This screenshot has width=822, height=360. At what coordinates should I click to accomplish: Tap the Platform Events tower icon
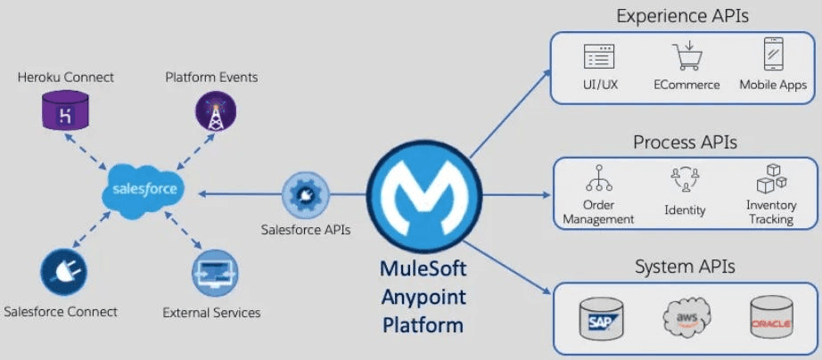pyautogui.click(x=216, y=110)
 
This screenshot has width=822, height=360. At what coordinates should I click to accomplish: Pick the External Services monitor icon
pyautogui.click(x=214, y=273)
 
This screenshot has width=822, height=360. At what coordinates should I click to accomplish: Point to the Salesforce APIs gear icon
pyautogui.click(x=306, y=195)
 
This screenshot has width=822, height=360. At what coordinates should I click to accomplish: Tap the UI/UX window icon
pyautogui.click(x=599, y=57)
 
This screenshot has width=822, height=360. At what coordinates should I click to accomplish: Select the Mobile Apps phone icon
pyautogui.click(x=773, y=54)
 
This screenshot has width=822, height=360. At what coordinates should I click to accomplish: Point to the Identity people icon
pyautogui.click(x=685, y=180)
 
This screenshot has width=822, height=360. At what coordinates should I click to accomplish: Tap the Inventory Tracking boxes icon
pyautogui.click(x=772, y=178)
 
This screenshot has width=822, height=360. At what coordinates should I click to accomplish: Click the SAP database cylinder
pyautogui.click(x=602, y=318)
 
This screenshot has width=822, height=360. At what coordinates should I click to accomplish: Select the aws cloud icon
pyautogui.click(x=686, y=316)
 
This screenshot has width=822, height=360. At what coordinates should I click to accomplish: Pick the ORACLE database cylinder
pyautogui.click(x=770, y=317)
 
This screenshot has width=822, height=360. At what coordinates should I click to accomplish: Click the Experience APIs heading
pyautogui.click(x=682, y=16)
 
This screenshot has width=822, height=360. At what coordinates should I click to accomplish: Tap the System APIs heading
pyautogui.click(x=685, y=266)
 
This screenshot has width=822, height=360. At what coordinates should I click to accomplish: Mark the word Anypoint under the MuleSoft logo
pyautogui.click(x=423, y=297)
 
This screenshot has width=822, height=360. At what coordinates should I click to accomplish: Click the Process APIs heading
pyautogui.click(x=685, y=142)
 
